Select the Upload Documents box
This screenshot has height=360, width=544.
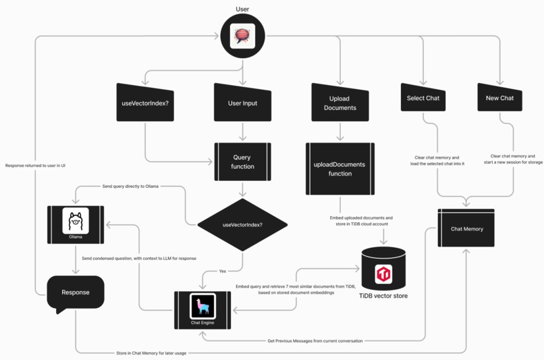pyautogui.click(x=340, y=103)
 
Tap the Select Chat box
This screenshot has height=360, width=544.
pyautogui.click(x=423, y=99)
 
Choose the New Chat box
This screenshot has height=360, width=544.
pyautogui.click(x=499, y=99)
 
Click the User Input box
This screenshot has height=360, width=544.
pyautogui.click(x=242, y=103)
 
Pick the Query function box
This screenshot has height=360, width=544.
pyautogui.click(x=242, y=162)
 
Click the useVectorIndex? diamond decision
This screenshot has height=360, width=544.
pyautogui.click(x=242, y=224)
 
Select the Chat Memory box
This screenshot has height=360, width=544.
pyautogui.click(x=466, y=229)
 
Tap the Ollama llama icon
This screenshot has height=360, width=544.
pyautogui.click(x=76, y=222)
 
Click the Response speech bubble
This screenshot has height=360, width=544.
pyautogui.click(x=76, y=293)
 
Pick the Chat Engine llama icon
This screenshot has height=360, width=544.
pyautogui.click(x=202, y=307)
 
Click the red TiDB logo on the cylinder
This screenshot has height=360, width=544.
pyautogui.click(x=383, y=274)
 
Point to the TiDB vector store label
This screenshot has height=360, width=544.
pyautogui.click(x=383, y=296)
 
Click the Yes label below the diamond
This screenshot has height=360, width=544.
pyautogui.click(x=223, y=271)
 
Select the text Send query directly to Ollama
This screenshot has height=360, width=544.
pyautogui.click(x=130, y=186)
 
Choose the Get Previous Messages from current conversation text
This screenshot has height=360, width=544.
pyautogui.click(x=315, y=340)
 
